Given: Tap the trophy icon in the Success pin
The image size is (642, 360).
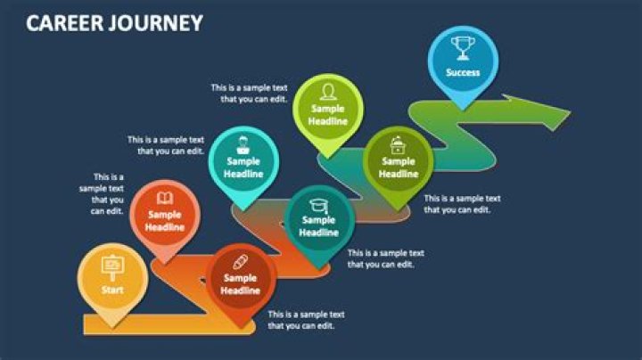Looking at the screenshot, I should [x=463, y=46].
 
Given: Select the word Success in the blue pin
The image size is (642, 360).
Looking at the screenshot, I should [x=463, y=72].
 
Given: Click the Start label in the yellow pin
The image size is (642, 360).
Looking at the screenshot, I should [x=112, y=290].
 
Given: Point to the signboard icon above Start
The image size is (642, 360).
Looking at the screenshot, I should [x=112, y=266].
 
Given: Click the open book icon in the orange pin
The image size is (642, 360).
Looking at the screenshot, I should [x=165, y=198].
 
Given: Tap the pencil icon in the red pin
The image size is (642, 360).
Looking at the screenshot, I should [x=240, y=261].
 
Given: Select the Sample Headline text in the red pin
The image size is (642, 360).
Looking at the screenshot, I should [x=240, y=284].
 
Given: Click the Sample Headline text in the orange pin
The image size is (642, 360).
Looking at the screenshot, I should [x=165, y=221].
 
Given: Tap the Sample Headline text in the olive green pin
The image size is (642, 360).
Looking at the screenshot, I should [x=399, y=168].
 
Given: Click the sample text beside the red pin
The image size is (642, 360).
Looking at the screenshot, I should [x=306, y=320].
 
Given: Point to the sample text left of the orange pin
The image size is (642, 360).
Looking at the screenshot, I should [x=102, y=194].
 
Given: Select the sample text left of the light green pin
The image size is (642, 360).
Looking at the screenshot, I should [x=249, y=93].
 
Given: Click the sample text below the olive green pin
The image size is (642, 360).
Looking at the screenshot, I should [x=462, y=204].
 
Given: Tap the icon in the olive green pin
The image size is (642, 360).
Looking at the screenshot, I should [x=399, y=142].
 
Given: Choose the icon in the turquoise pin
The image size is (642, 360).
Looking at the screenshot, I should [x=243, y=143].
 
